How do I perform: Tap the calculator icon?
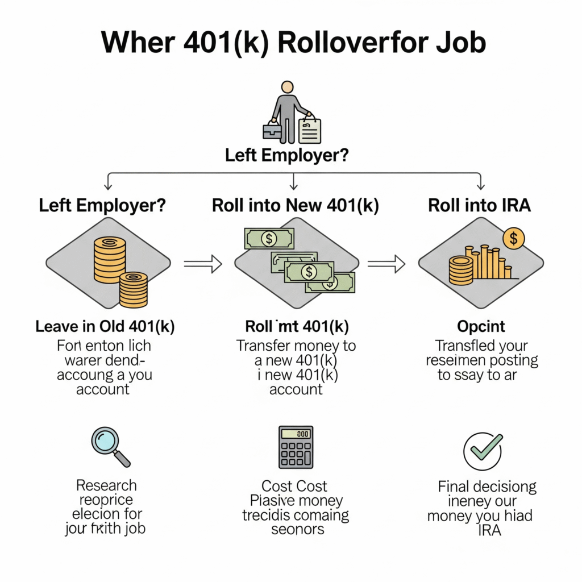click(295, 447)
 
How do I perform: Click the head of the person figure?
click(288, 88)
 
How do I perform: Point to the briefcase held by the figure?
click(271, 130)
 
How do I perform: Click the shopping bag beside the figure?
click(310, 130)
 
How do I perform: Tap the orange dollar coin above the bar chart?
click(514, 239)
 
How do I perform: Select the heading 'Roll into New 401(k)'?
click(295, 205)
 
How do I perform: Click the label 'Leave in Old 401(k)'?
click(105, 327)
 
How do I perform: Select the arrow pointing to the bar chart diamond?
click(386, 263)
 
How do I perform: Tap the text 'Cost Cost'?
click(294, 486)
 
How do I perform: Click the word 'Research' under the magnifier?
click(107, 485)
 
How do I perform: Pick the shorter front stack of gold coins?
click(134, 289)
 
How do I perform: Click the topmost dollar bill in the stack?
click(269, 238)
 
